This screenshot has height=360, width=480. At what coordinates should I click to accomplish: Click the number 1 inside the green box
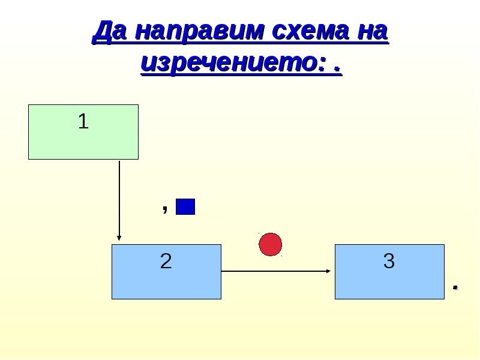[x=83, y=122]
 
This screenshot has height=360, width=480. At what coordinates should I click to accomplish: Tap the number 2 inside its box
[x=166, y=261]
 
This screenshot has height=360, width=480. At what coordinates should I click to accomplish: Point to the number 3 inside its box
[x=389, y=261]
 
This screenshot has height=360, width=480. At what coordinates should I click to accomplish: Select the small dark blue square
[x=185, y=207]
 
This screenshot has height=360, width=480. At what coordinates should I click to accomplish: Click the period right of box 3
[x=455, y=287]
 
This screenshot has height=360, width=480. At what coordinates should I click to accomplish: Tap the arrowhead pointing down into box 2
[x=119, y=238]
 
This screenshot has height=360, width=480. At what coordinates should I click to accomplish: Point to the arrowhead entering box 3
[x=328, y=271]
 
